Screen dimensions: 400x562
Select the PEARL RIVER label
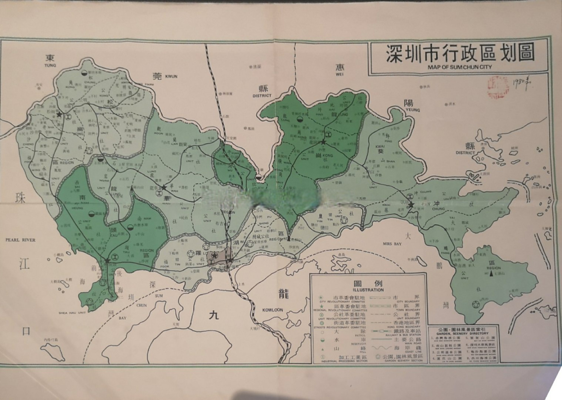click(20, 240)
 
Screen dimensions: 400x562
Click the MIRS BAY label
click(392, 244)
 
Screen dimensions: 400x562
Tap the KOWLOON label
click(272, 310)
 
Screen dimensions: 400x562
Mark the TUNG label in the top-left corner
click(50, 65)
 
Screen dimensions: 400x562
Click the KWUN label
click(171, 76)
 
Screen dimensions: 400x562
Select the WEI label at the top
click(340, 75)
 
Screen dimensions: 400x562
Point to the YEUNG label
click(413, 110)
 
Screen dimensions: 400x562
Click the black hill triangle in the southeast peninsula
click(492, 274)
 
